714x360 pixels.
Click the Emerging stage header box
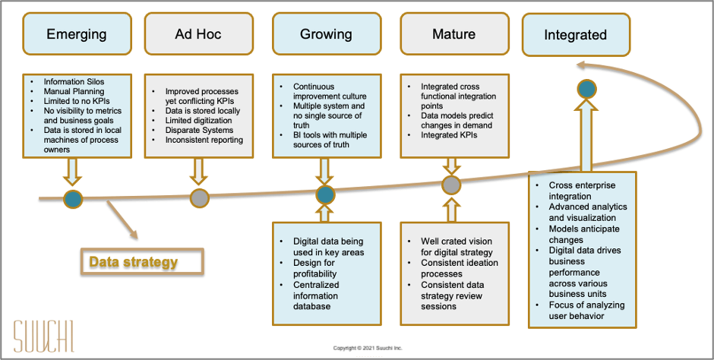(x=77, y=34)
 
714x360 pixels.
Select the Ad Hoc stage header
(x=198, y=34)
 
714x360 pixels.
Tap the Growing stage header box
(x=326, y=34)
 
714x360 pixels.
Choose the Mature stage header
(x=453, y=34)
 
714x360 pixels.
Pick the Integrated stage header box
(x=575, y=35)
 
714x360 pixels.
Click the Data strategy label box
(x=142, y=262)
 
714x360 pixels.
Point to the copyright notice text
(x=368, y=348)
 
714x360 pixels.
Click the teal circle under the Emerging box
(x=73, y=199)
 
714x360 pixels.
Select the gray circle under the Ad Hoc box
(x=198, y=198)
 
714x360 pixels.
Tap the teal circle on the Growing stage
(x=325, y=195)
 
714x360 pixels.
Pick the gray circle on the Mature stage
(x=451, y=185)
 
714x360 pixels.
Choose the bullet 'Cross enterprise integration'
(x=582, y=191)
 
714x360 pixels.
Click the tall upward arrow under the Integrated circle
(x=586, y=137)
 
